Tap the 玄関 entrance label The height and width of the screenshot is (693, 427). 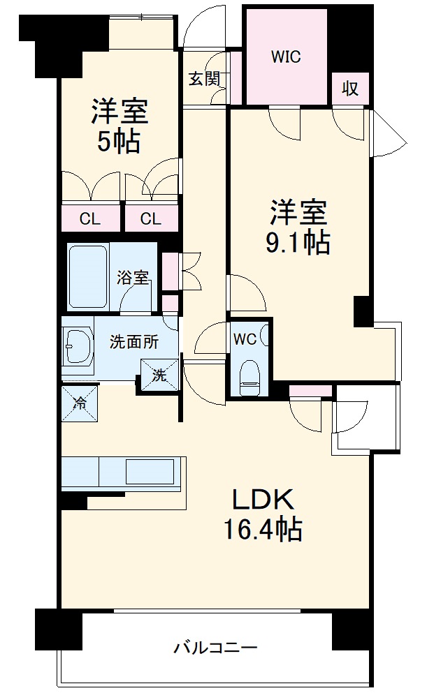(x=203, y=78)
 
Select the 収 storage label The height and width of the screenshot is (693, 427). (x=350, y=89)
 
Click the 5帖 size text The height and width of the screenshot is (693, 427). (x=118, y=142)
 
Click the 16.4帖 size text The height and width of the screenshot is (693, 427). (x=262, y=531)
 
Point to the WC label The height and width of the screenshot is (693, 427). (x=244, y=340)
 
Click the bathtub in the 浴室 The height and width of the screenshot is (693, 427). (x=88, y=276)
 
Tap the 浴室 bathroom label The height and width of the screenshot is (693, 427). (x=133, y=277)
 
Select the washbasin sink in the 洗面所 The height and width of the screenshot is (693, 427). (x=78, y=344)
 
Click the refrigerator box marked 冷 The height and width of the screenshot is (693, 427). (x=80, y=402)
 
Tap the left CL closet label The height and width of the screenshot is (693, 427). (x=89, y=219)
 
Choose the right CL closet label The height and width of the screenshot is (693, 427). (x=150, y=219)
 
